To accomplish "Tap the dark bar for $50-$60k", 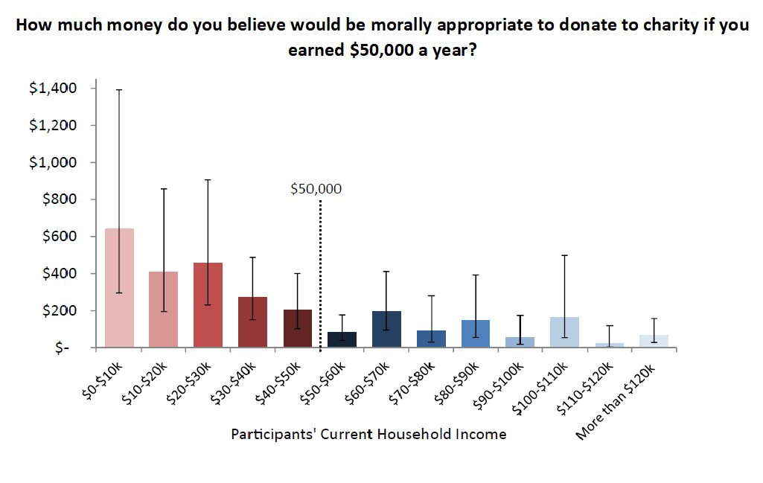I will (x=342, y=339).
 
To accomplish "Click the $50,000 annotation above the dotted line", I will (x=316, y=189).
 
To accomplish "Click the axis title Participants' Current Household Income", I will (x=368, y=434).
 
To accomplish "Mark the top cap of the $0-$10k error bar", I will (x=119, y=89).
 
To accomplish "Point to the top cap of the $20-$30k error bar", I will (x=208, y=180).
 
